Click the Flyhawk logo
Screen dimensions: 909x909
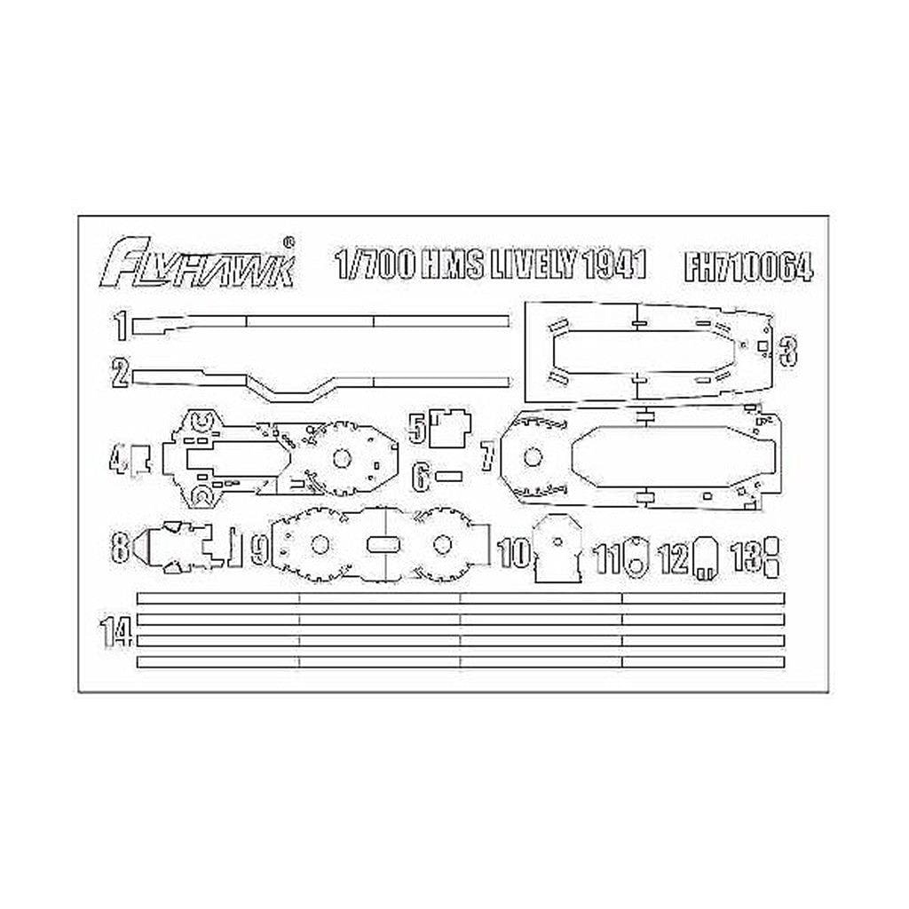tap(199, 264)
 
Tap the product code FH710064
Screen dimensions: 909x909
tap(748, 266)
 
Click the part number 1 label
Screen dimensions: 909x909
tap(121, 326)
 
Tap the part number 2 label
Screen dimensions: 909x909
tap(121, 373)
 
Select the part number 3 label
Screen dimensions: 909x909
tap(788, 350)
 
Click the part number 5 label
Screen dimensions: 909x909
tap(417, 425)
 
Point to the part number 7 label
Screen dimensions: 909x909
tap(488, 454)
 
